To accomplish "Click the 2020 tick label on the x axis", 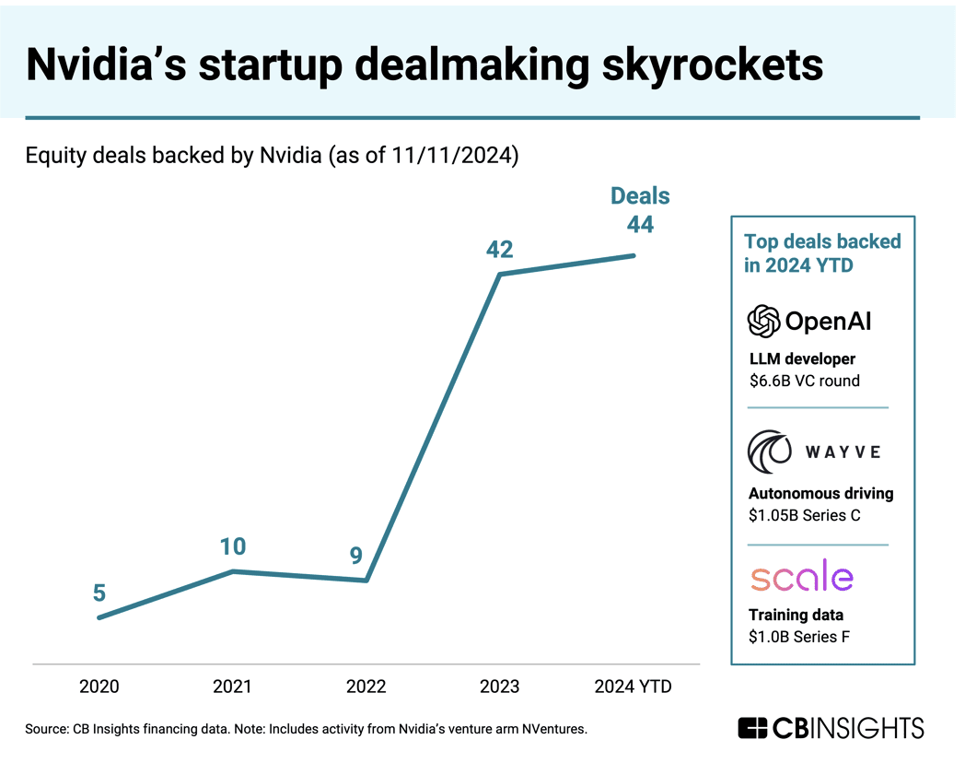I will click(99, 687).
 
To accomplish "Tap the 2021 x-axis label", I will click(232, 687).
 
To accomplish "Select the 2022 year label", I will click(366, 687).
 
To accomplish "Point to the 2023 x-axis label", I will click(499, 687).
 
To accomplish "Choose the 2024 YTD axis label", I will click(633, 687).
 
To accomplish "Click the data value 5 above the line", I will click(99, 593).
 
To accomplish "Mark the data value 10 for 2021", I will click(233, 546).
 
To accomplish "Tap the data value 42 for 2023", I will click(500, 250).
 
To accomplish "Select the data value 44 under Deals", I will click(640, 223).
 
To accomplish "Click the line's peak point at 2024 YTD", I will click(634, 255).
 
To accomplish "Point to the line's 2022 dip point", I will click(366, 581).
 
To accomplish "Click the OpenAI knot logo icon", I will click(763, 321).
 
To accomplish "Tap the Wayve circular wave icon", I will click(769, 451).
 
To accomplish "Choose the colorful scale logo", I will click(801, 577).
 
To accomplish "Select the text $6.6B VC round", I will click(803, 381).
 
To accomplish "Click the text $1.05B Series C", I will click(804, 516).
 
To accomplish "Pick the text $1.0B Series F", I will click(798, 637).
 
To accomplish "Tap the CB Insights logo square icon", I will click(753, 728).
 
